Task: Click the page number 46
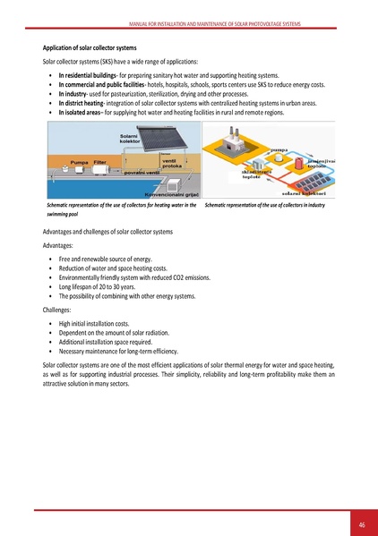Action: pyautogui.click(x=361, y=523)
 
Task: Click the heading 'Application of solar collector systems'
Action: pyautogui.click(x=90, y=47)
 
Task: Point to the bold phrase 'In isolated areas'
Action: pyautogui.click(x=80, y=114)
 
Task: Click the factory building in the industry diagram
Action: pyautogui.click(x=239, y=143)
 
